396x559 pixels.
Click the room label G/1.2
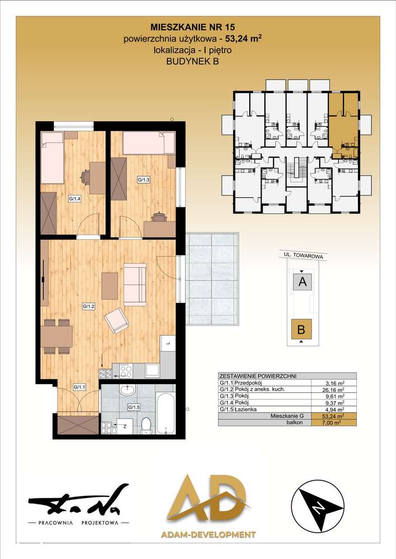pyautogui.click(x=88, y=306)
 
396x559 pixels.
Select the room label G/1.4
pyautogui.click(x=74, y=200)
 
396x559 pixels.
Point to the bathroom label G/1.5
pyautogui.click(x=134, y=407)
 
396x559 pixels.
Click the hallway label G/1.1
pyautogui.click(x=80, y=387)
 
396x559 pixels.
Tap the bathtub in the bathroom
pyautogui.click(x=166, y=413)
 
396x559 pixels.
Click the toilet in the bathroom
pyautogui.click(x=146, y=425)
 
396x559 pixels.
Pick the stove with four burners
pyautogui.click(x=126, y=371)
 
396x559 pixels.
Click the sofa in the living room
pyautogui.click(x=135, y=285)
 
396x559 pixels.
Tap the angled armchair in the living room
pyautogui.click(x=117, y=320)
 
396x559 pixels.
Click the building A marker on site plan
pyautogui.click(x=302, y=282)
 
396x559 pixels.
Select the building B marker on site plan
pyautogui.click(x=301, y=329)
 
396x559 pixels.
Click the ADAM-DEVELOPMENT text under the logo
pyautogui.click(x=208, y=534)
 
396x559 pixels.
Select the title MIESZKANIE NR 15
pyautogui.click(x=193, y=27)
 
